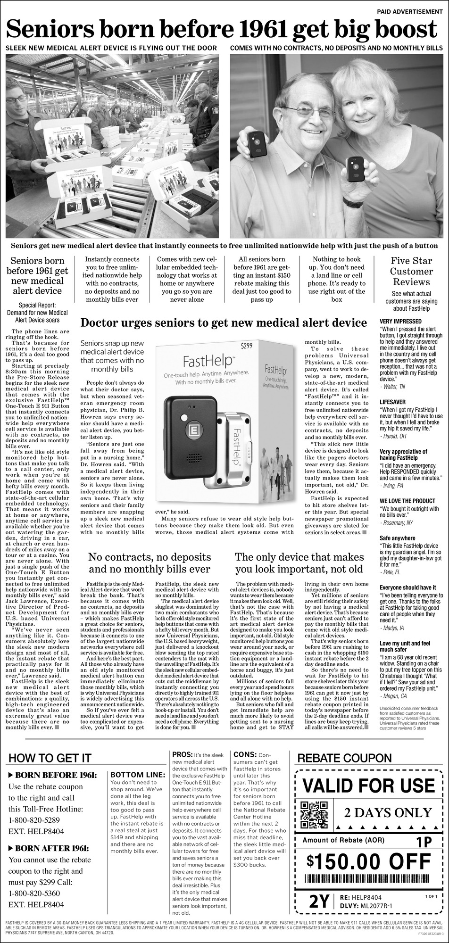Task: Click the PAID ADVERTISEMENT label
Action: [x=410, y=11]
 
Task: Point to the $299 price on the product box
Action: [x=247, y=347]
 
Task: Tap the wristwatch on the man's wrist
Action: [x=352, y=202]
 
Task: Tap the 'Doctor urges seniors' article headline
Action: [x=224, y=323]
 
